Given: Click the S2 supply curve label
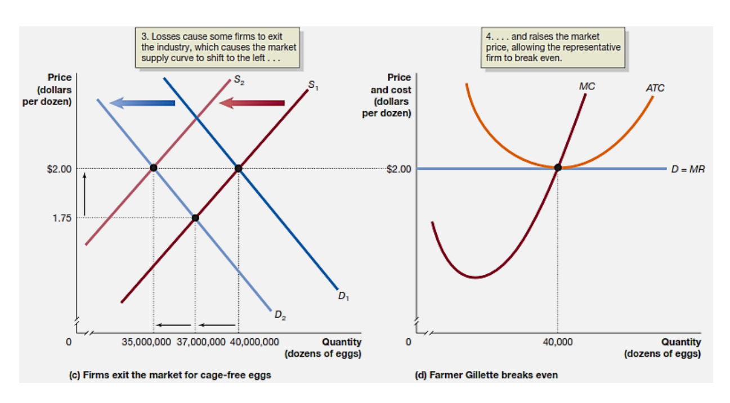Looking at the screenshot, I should pyautogui.click(x=239, y=80).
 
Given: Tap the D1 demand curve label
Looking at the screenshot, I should pyautogui.click(x=344, y=297).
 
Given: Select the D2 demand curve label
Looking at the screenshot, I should pyautogui.click(x=280, y=315).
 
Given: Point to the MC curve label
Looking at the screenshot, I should pyautogui.click(x=586, y=87).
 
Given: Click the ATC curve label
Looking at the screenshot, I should pyautogui.click(x=655, y=88).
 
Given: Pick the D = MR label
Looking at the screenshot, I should pyautogui.click(x=687, y=169).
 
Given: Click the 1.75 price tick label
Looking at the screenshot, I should pyautogui.click(x=62, y=218).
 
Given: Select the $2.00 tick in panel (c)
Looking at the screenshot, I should pyautogui.click(x=59, y=169).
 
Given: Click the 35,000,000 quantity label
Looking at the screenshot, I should pyautogui.click(x=146, y=342).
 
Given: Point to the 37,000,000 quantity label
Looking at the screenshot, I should pyautogui.click(x=201, y=342).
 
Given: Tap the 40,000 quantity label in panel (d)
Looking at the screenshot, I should pyautogui.click(x=558, y=342).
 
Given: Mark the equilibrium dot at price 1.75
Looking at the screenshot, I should pyautogui.click(x=195, y=218).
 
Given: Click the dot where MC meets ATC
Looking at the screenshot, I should pyautogui.click(x=558, y=167).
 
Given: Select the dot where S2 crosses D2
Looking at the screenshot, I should pyautogui.click(x=153, y=168).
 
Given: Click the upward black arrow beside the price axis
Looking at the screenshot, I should pyautogui.click(x=84, y=194).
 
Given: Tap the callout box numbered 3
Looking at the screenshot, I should pyautogui.click(x=217, y=48).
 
